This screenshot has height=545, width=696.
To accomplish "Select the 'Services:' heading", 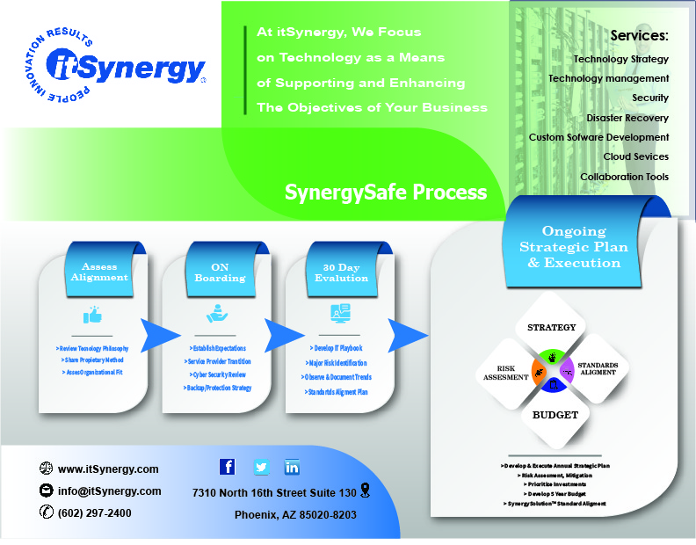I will click(639, 36).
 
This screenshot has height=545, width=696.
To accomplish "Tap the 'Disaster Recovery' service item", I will click(627, 118).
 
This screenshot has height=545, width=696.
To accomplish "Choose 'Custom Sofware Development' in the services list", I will click(598, 137).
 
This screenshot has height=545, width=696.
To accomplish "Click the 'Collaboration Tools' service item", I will click(624, 177).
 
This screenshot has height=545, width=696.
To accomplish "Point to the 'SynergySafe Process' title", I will click(385, 192).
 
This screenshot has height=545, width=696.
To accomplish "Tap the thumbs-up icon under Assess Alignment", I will click(91, 316).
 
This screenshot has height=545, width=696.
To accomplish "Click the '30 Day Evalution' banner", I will click(341, 272).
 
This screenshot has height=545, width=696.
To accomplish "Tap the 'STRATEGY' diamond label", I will click(551, 327).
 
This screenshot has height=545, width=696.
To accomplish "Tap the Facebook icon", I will click(227, 467).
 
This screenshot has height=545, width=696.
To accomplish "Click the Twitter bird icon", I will click(261, 467).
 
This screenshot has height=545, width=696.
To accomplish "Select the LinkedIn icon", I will click(292, 467).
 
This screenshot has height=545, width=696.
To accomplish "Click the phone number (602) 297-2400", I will click(95, 513).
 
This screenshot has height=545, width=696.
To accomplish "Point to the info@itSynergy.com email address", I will click(109, 491).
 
